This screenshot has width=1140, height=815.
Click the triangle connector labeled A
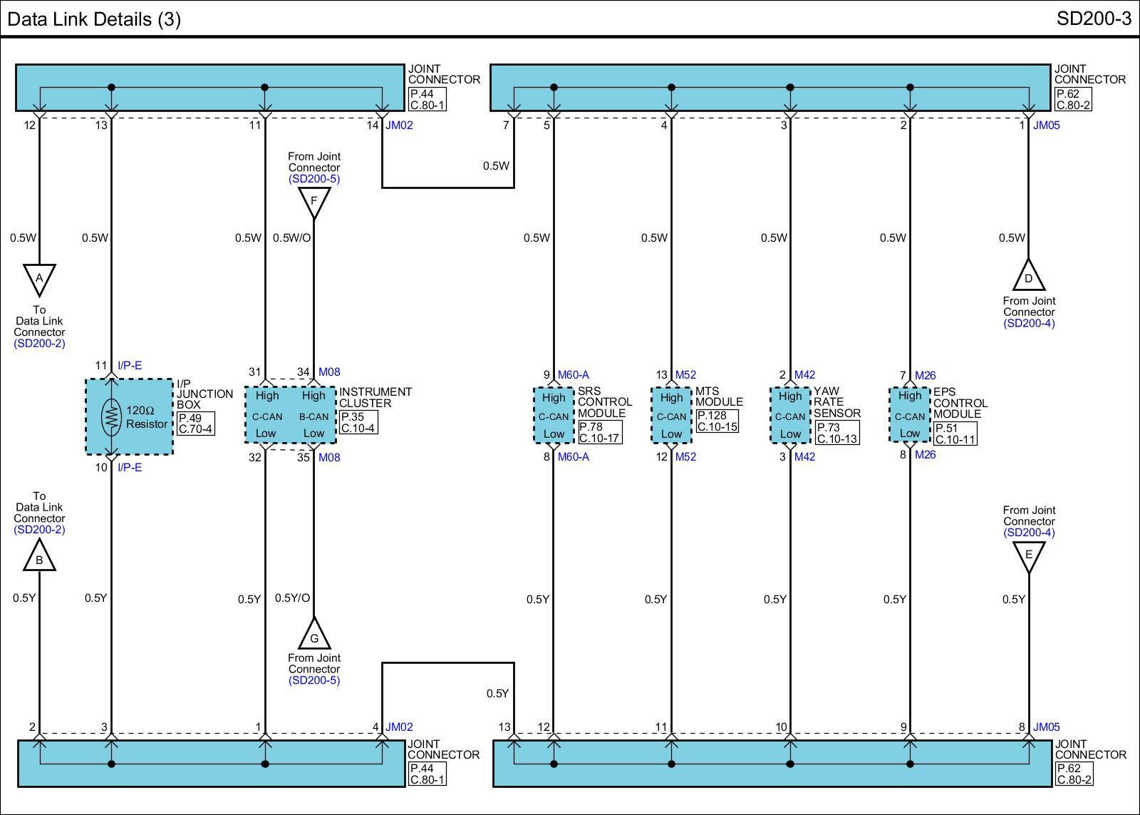coord(39,280)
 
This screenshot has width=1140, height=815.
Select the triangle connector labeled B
coord(39,555)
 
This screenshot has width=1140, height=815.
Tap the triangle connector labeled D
coord(1029,275)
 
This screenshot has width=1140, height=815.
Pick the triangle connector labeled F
coord(314,203)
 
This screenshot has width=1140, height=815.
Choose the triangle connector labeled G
coord(314,633)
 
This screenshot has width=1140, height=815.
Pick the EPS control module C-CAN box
coord(910,415)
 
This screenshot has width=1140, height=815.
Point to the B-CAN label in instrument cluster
coord(314,416)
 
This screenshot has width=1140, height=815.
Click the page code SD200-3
coord(1094,19)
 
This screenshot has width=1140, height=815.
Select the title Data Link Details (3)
coord(94,19)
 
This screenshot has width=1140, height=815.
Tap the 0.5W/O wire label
coord(291,238)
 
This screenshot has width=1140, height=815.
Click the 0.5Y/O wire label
coord(292,598)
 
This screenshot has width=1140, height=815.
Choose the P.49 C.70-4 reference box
coord(196,424)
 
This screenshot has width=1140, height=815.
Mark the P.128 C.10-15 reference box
coord(717,421)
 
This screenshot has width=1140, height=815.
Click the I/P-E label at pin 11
coord(130,365)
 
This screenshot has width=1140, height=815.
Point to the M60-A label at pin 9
coord(573,375)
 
